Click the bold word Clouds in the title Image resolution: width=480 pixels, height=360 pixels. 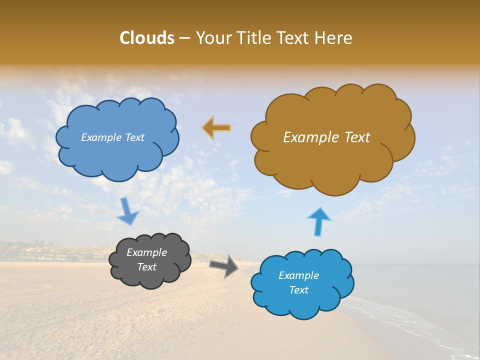pos(146,38)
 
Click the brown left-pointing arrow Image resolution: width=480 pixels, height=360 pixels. pos(216,128)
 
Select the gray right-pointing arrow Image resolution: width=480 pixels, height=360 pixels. pos(223,265)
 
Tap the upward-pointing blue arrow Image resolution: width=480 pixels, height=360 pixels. pos(319,221)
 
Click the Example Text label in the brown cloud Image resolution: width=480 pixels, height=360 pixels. pos(326,137)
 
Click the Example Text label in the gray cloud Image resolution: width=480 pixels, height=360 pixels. pos(147,259)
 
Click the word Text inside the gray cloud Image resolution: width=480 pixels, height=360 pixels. pos(147,267)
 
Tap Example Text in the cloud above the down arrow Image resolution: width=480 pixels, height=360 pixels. pos(112,137)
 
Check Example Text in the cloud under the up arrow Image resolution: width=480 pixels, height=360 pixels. pos(298,282)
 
